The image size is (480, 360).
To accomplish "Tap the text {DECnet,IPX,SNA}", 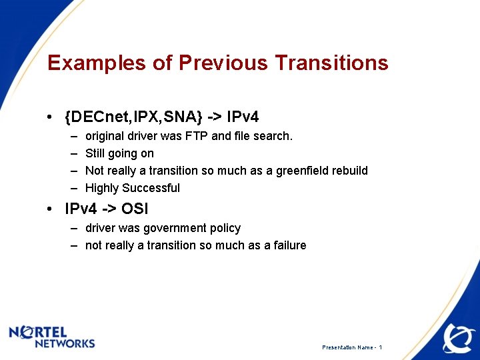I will pos(133,117).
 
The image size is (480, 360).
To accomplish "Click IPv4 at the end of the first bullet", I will pos(243,117).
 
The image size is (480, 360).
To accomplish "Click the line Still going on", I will pos(119,153).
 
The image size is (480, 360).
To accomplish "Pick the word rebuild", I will pos(347,171).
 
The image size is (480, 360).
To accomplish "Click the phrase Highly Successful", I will pos(133,188).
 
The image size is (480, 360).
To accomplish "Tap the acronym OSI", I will pos(135,209).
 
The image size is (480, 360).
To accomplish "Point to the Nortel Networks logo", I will pos(52,337).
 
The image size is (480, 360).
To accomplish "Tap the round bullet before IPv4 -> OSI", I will pos(51,209).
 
